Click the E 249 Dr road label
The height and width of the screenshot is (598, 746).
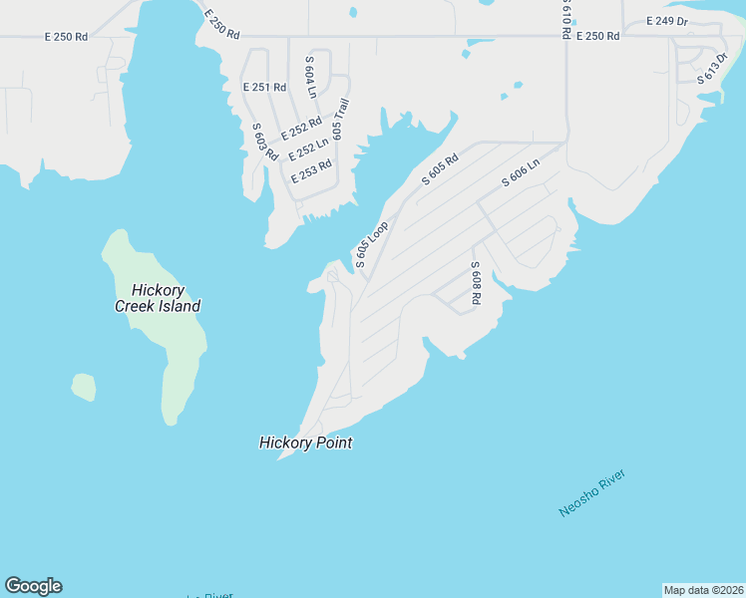tap(667, 21)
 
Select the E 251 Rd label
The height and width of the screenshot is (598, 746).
tap(264, 88)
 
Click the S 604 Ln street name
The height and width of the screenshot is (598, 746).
tap(310, 77)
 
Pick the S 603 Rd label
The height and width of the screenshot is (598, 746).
tap(264, 143)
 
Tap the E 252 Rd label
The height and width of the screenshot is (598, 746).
tap(300, 129)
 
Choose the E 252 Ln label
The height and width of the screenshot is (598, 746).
tap(308, 149)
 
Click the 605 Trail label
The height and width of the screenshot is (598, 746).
tap(340, 118)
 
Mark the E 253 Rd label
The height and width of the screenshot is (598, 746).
tap(311, 170)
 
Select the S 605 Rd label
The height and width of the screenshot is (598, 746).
tap(440, 168)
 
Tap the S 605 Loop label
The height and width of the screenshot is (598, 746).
tap(371, 244)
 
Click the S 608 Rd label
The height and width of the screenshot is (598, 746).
tap(477, 283)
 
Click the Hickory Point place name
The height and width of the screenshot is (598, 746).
tap(306, 443)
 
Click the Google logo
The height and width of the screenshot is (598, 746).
tap(33, 586)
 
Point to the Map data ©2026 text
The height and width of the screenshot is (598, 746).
tap(703, 590)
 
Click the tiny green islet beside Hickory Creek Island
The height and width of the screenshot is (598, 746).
tap(84, 387)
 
